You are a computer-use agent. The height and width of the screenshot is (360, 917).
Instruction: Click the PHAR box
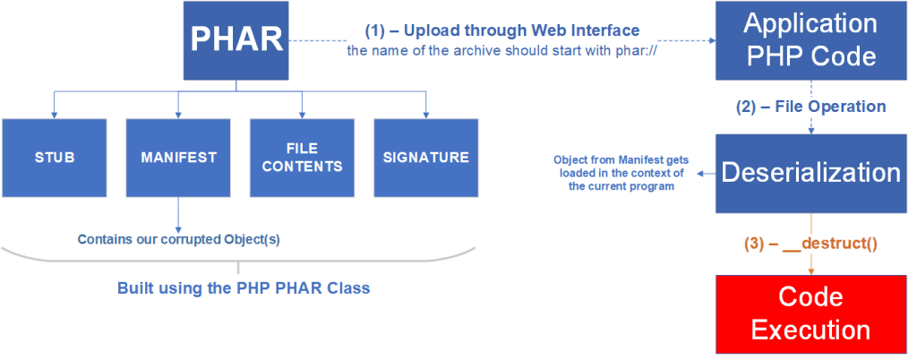coord(236,40)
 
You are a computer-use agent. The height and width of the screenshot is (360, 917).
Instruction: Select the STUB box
coord(55,158)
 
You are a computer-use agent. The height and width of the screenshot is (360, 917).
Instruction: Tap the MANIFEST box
coord(178,158)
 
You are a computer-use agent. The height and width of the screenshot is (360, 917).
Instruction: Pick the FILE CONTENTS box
coord(302,158)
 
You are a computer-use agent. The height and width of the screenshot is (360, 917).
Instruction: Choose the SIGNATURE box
coord(425,158)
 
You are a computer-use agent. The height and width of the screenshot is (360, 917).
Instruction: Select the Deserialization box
coord(810,173)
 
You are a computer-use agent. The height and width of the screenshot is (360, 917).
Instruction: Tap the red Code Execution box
coord(810,313)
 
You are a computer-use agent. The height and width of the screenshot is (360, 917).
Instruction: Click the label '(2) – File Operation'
coord(810,107)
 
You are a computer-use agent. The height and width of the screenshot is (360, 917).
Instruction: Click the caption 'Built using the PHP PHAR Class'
coord(244,289)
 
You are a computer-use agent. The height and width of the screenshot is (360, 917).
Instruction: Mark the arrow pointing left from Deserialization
coord(703,173)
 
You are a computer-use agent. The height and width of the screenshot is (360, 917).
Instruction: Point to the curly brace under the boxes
coord(238,264)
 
